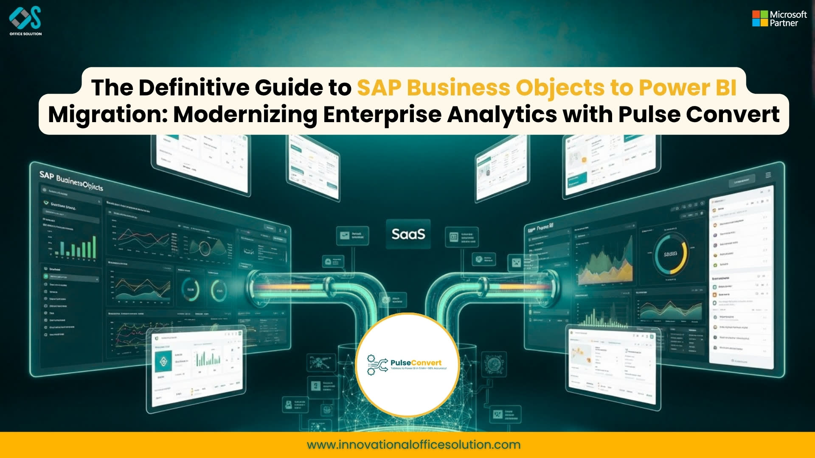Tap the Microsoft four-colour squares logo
point(760,19)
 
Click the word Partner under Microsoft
point(784,24)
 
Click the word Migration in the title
point(108,115)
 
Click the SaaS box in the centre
point(408,234)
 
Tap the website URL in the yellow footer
point(413,445)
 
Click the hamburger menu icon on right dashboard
point(768,175)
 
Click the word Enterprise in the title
point(382,115)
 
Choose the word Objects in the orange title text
point(560,88)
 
